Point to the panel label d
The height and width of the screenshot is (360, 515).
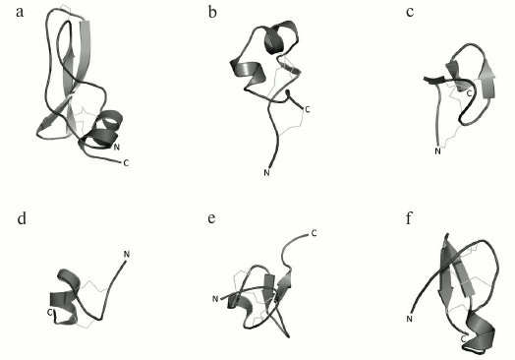pyautogui.click(x=22, y=217)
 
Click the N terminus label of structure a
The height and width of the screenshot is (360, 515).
pyautogui.click(x=117, y=147)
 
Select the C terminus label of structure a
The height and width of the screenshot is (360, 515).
pyautogui.click(x=127, y=161)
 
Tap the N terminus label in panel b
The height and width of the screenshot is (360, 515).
pyautogui.click(x=265, y=173)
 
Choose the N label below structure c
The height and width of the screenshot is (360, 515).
pyautogui.click(x=439, y=150)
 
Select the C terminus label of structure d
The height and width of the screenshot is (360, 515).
pyautogui.click(x=49, y=312)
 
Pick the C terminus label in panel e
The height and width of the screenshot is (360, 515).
pyautogui.click(x=314, y=233)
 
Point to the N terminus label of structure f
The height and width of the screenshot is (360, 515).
pyautogui.click(x=409, y=319)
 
